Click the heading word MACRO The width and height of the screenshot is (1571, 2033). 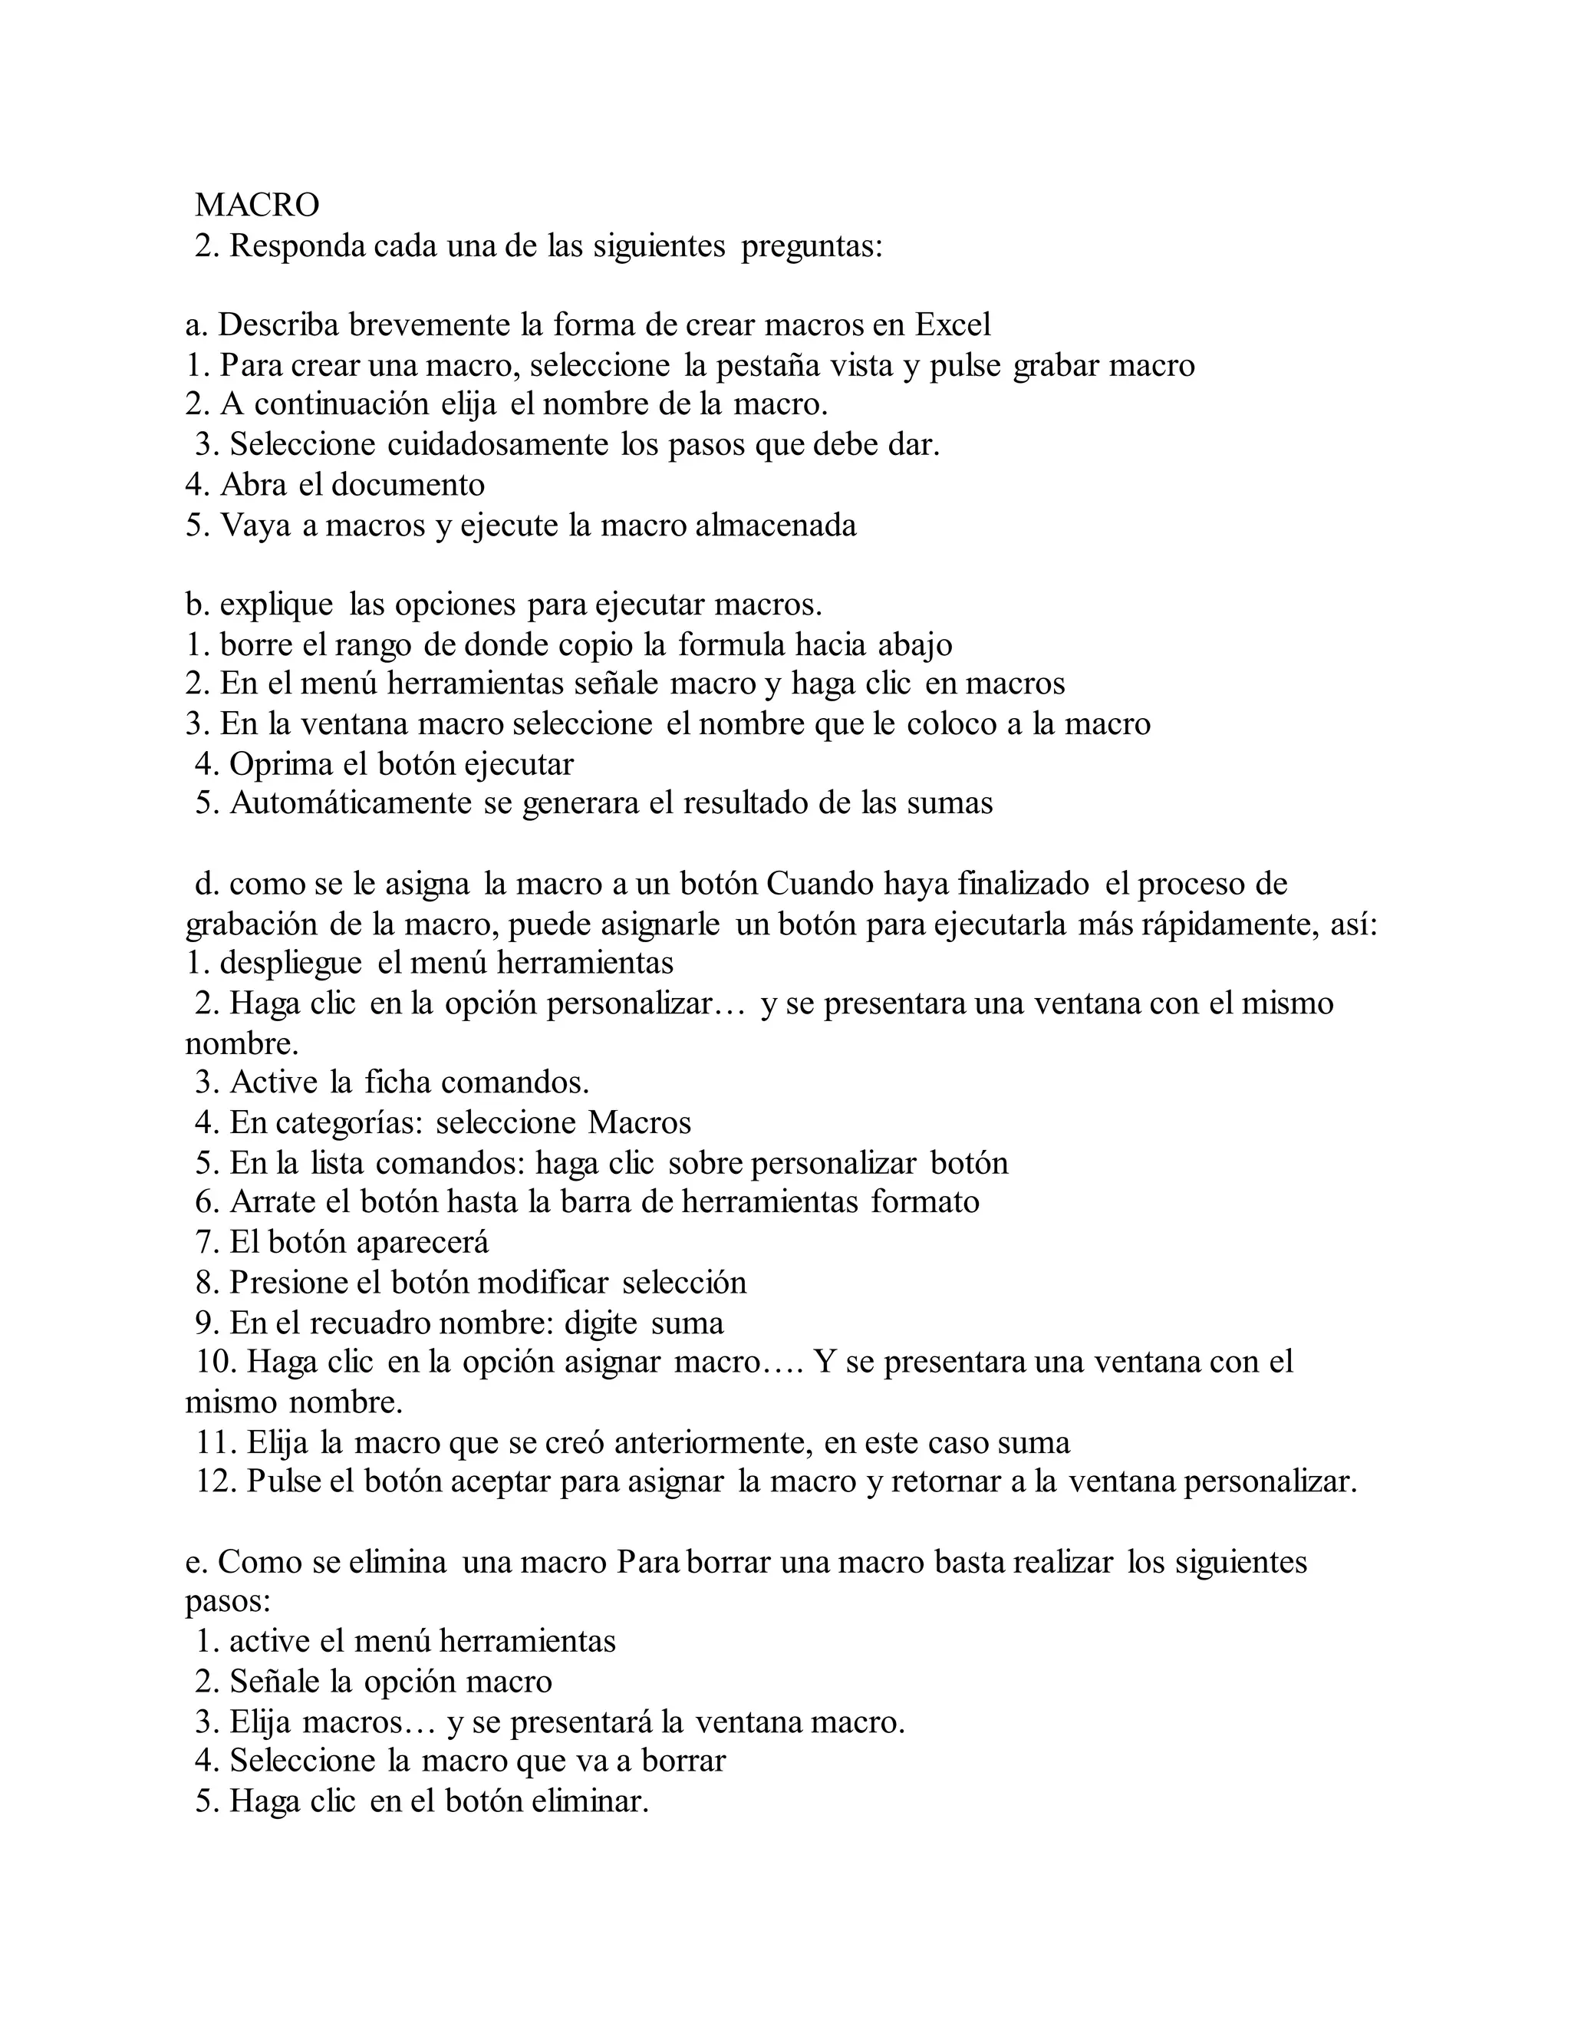257,205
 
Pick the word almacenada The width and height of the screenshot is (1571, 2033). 776,526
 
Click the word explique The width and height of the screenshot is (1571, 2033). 276,605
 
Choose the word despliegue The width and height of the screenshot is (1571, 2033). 291,963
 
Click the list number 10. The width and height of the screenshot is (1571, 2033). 215,1362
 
